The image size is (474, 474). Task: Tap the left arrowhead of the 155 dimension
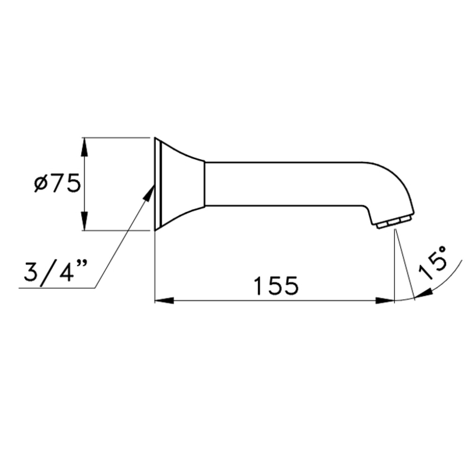point(164,300)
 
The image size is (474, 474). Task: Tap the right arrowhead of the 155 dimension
point(385,300)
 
